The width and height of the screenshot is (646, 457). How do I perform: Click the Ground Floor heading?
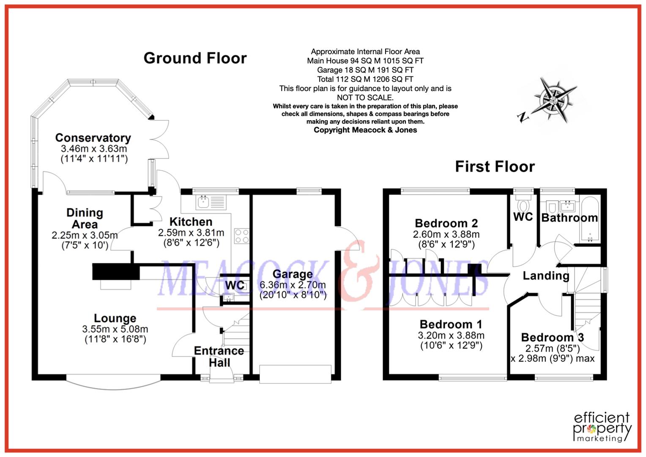tap(195, 58)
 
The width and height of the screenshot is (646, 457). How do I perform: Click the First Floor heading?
tap(495, 166)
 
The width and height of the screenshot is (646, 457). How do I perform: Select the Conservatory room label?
tap(93, 138)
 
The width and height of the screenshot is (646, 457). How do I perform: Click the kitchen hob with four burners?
tap(241, 236)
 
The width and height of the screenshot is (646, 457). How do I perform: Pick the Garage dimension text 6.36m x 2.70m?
tap(293, 285)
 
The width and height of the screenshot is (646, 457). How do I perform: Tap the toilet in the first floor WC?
tap(523, 206)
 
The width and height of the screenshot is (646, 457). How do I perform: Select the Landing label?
tap(546, 276)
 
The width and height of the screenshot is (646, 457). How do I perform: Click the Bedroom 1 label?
tap(451, 325)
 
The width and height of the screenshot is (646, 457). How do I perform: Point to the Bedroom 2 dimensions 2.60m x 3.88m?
tap(446, 234)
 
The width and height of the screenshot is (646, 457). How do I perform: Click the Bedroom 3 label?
tap(552, 337)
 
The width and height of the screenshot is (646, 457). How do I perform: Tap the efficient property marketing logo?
tap(602, 427)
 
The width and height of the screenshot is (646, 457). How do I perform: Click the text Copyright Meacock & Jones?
tap(365, 130)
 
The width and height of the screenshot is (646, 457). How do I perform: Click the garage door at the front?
tap(295, 375)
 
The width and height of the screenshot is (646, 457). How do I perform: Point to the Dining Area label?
tap(85, 218)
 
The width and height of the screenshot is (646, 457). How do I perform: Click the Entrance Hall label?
tap(219, 356)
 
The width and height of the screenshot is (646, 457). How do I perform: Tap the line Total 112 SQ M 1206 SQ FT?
tap(365, 79)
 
